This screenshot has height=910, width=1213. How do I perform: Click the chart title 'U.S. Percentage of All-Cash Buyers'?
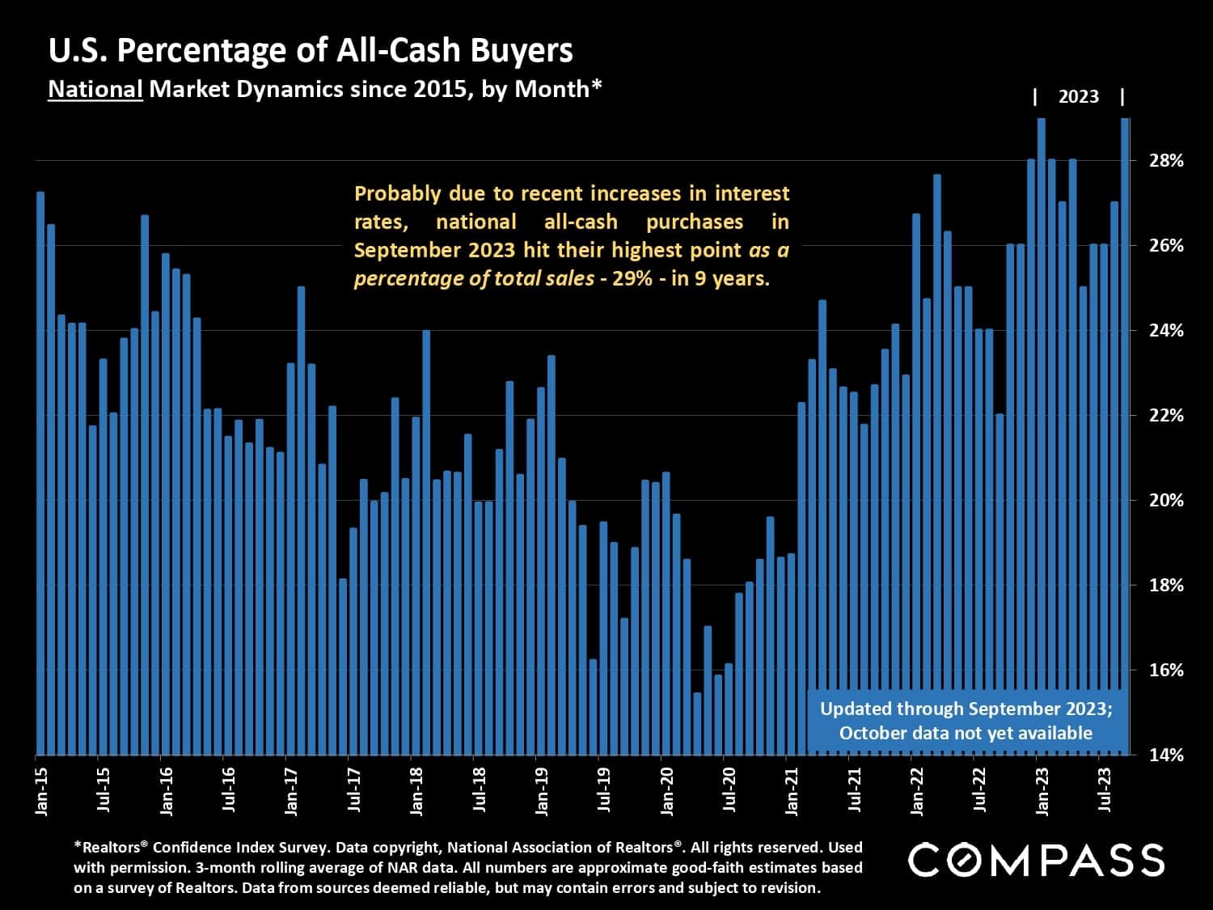(x=311, y=50)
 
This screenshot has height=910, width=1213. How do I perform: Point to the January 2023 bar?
(x=1042, y=437)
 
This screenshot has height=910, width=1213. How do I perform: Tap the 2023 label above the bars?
(x=1078, y=97)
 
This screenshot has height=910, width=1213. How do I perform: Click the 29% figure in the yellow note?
(x=636, y=279)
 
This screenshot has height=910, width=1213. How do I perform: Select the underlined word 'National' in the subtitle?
(x=95, y=89)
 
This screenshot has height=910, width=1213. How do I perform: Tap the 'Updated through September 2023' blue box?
(x=966, y=721)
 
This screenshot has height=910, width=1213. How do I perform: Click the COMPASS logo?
(x=1036, y=859)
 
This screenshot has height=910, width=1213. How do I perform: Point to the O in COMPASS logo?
(x=962, y=859)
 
